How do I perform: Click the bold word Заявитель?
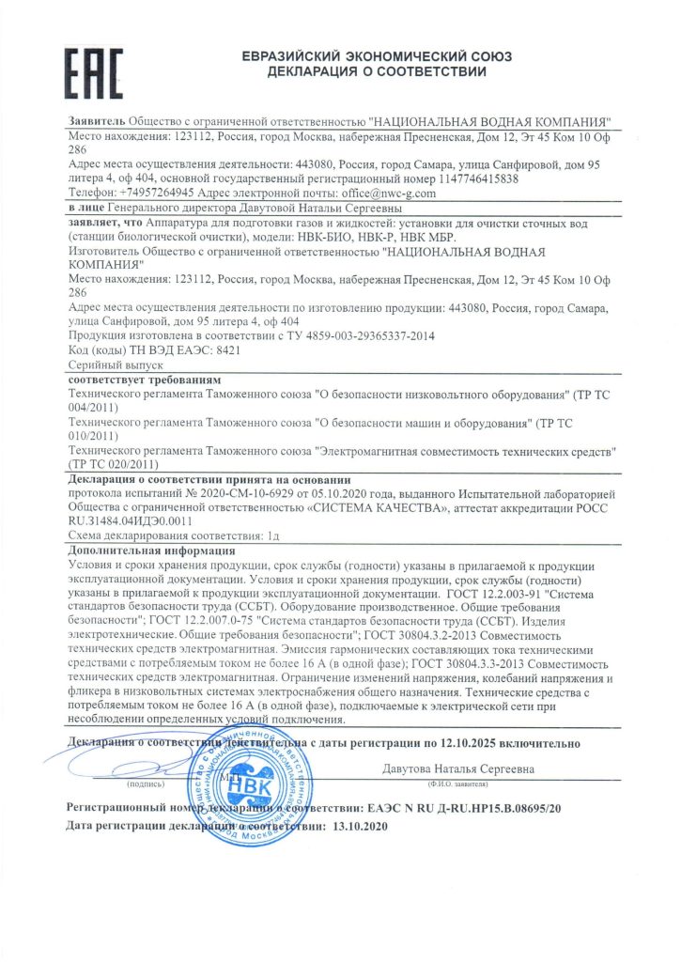[97, 122]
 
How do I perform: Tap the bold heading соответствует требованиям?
[132, 376]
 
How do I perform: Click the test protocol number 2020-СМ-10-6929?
[234, 491]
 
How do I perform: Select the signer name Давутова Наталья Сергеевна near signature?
[458, 769]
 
